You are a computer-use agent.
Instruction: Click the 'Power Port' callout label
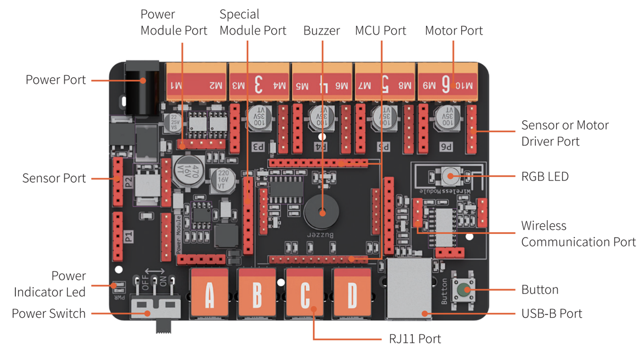pos(55,80)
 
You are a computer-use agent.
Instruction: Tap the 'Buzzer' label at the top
pos(322,31)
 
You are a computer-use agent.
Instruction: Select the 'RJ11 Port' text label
pos(415,339)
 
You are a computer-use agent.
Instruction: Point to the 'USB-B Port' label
pos(551,314)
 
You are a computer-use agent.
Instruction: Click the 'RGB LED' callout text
pos(545,177)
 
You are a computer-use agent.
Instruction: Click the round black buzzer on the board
pos(322,212)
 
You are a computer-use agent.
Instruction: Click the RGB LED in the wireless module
pos(450,176)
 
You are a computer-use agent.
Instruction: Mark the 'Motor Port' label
pos(454,31)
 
